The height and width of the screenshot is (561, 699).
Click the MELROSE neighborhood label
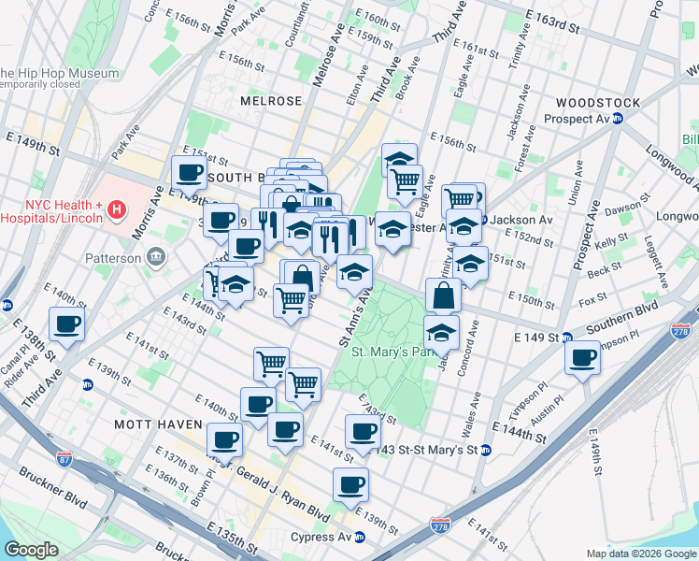[271, 101]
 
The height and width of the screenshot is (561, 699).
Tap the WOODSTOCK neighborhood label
[597, 102]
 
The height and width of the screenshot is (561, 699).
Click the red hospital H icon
[117, 211]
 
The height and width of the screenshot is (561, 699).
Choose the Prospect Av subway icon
[631, 119]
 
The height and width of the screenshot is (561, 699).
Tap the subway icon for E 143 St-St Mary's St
[486, 451]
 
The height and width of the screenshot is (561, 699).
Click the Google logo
[31, 549]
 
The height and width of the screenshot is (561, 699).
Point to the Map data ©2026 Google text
[640, 554]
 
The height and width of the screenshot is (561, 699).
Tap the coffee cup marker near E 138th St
[65, 324]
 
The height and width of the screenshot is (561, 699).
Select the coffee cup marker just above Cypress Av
[350, 484]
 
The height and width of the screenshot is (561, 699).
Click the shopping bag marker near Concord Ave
[444, 295]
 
